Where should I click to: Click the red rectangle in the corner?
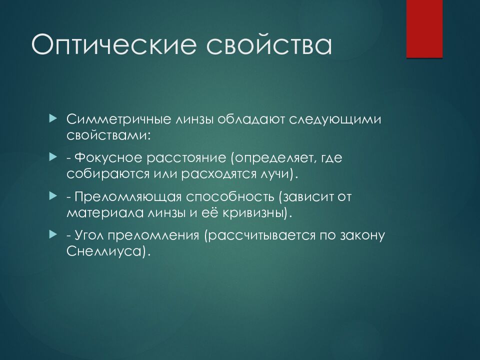[x=424, y=29]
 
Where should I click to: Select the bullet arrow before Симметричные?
[x=53, y=118]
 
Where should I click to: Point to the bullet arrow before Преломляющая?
[x=53, y=196]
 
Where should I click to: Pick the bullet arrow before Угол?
[x=53, y=235]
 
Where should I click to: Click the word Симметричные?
[x=119, y=119]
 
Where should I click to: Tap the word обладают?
[x=251, y=119]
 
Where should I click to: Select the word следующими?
[x=335, y=119]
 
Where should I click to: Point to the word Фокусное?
[x=108, y=158]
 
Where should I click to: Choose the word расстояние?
[x=186, y=158]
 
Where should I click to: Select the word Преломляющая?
[x=128, y=197]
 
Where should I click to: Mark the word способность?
[x=230, y=197]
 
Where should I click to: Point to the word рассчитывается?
[x=262, y=236]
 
